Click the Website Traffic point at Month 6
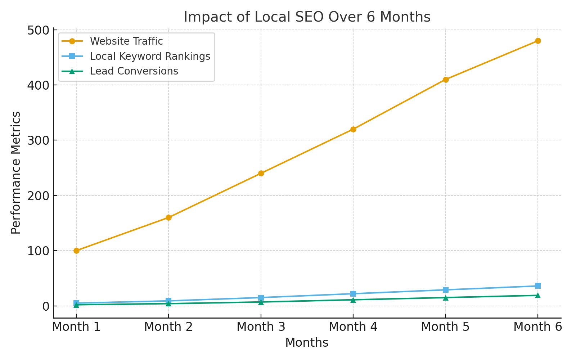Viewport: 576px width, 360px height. [x=537, y=41]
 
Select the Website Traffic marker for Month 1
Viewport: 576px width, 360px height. [x=76, y=251]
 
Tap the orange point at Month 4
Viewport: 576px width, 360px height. [x=353, y=129]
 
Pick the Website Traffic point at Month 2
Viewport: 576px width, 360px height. [x=168, y=217]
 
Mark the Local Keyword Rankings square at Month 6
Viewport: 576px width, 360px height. [x=537, y=286]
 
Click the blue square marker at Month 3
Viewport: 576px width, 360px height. [x=261, y=298]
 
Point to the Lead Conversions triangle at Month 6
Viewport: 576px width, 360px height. [x=537, y=295]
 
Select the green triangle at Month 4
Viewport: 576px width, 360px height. [x=353, y=300]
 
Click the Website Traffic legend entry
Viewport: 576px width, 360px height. [x=126, y=41]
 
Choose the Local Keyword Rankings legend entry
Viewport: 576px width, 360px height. [x=150, y=57]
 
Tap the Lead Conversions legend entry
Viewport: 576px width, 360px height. [x=134, y=71]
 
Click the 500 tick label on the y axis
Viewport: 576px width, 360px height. [x=38, y=30]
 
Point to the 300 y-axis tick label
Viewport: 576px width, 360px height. [x=38, y=140]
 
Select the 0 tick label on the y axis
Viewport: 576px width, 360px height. [x=45, y=306]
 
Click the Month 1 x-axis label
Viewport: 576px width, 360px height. [x=76, y=327]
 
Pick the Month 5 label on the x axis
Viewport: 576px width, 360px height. [x=445, y=327]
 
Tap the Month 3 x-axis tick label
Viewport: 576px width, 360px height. [x=261, y=327]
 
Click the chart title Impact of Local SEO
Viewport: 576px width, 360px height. [x=307, y=17]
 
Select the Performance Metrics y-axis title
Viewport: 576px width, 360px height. [x=16, y=173]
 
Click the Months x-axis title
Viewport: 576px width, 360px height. [x=307, y=343]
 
